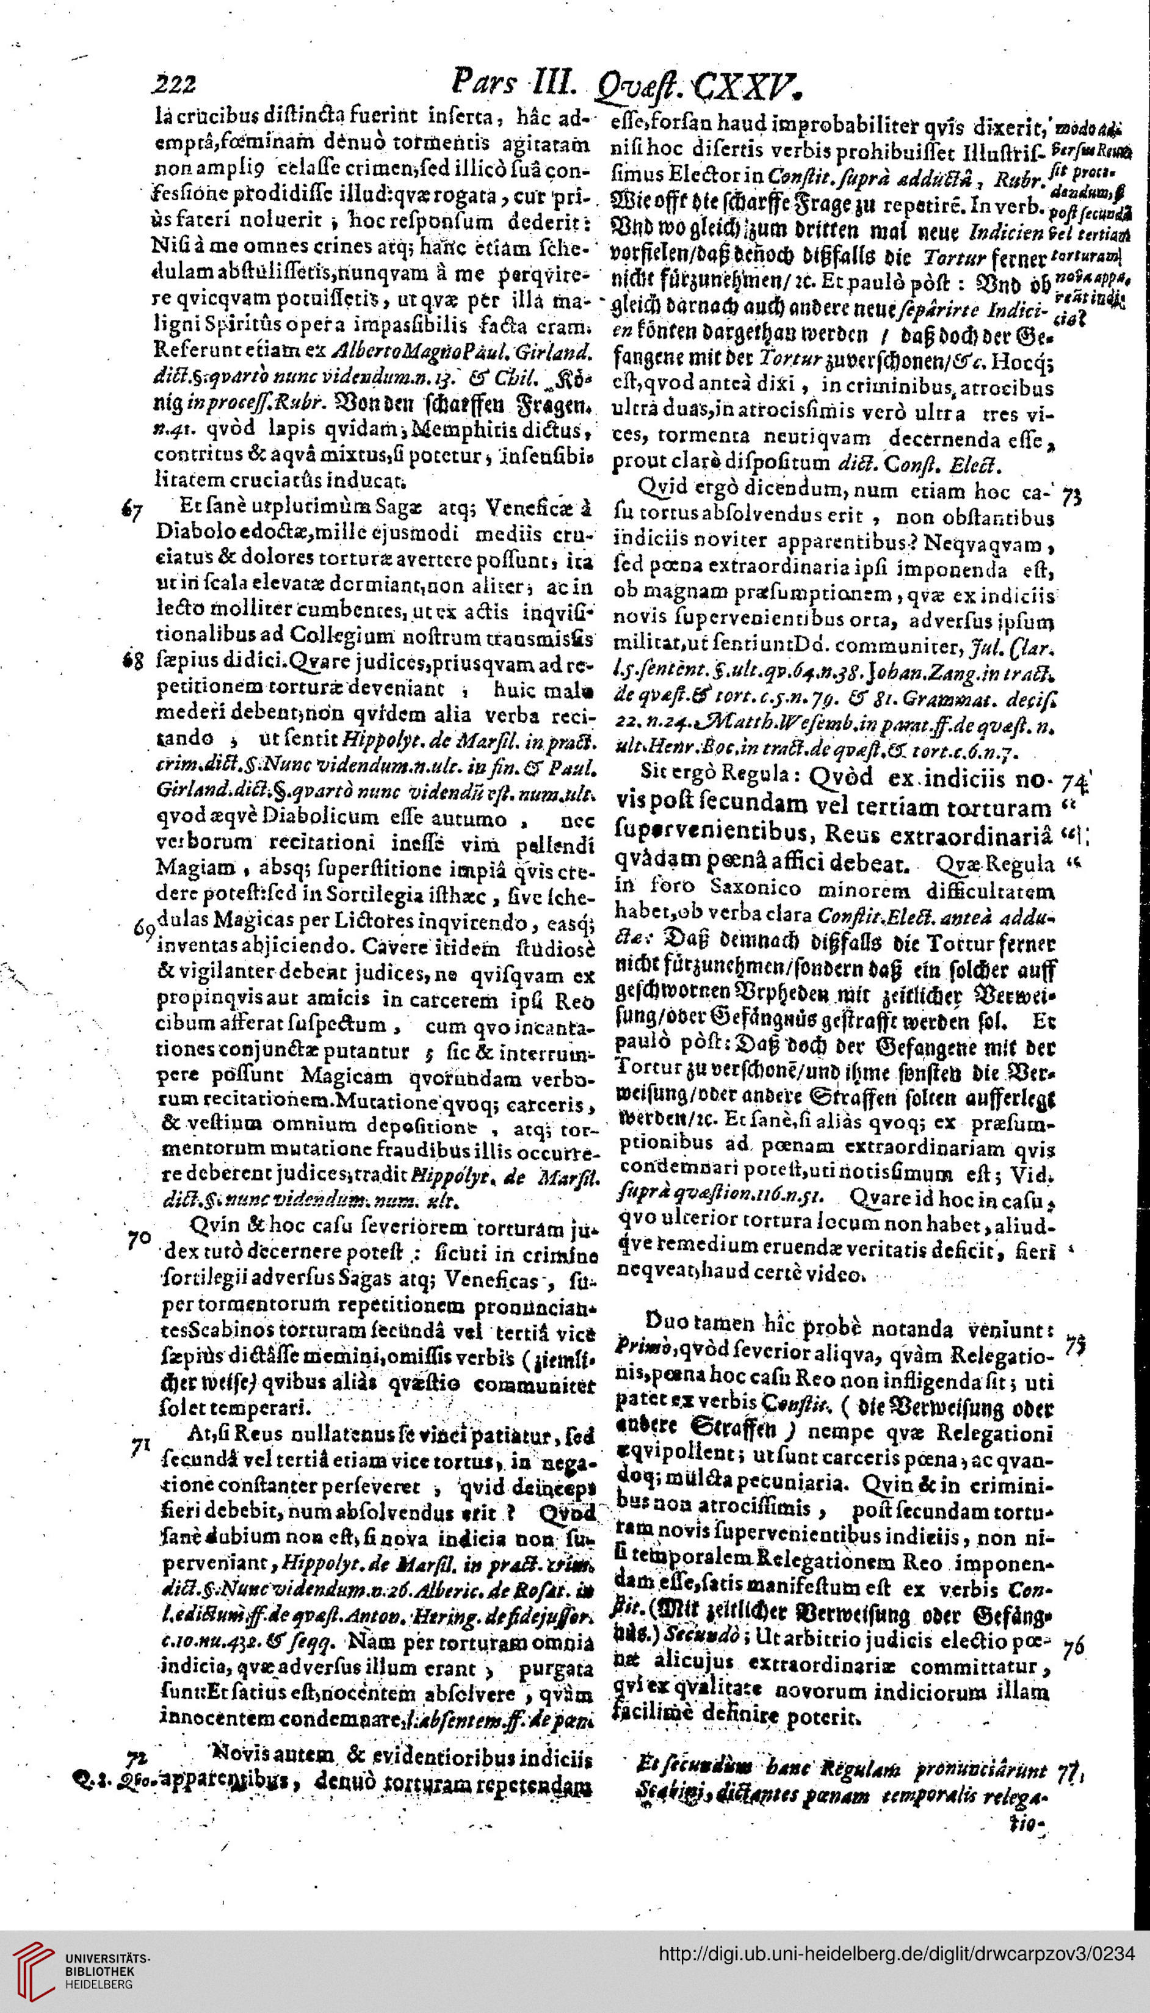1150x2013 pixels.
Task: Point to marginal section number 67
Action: point(132,511)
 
